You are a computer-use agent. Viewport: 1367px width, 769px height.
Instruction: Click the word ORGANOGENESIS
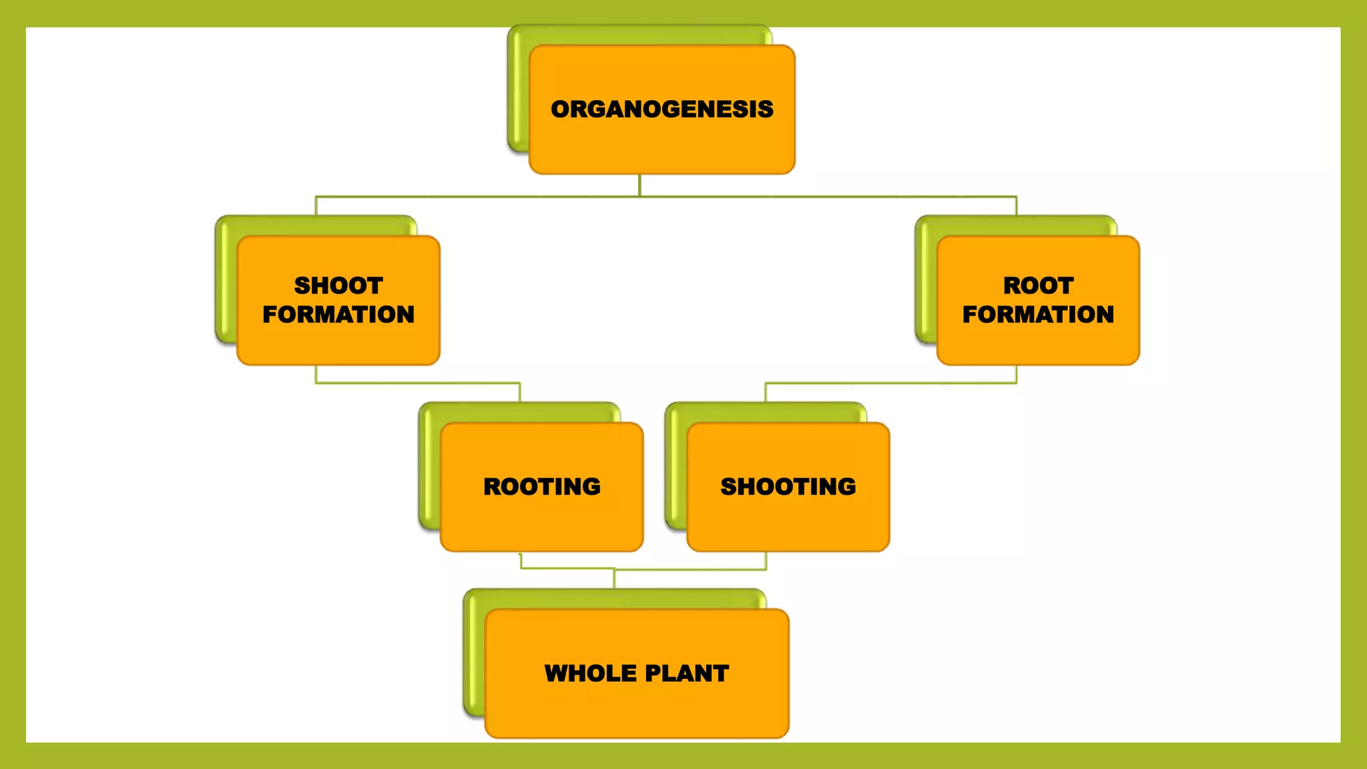[x=661, y=109]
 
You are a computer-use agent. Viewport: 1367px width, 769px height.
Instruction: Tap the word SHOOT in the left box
[x=338, y=286]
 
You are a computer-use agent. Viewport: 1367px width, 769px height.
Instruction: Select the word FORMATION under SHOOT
[x=338, y=314]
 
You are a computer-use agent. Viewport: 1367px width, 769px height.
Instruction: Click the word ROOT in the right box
[x=1038, y=286]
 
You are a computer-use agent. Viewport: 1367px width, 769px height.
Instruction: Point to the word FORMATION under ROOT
[x=1038, y=314]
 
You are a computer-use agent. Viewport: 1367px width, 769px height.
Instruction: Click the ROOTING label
[x=541, y=487]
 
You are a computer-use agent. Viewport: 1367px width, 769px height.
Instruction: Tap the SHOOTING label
[x=788, y=487]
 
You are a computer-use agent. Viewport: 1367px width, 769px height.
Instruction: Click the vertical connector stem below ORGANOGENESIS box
[x=639, y=185]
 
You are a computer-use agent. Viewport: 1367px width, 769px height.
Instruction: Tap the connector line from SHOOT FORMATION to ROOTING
[x=417, y=383]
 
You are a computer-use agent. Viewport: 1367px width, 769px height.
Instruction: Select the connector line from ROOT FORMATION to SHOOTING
[x=891, y=383]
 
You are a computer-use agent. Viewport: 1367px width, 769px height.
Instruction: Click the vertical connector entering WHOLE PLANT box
[x=614, y=579]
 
